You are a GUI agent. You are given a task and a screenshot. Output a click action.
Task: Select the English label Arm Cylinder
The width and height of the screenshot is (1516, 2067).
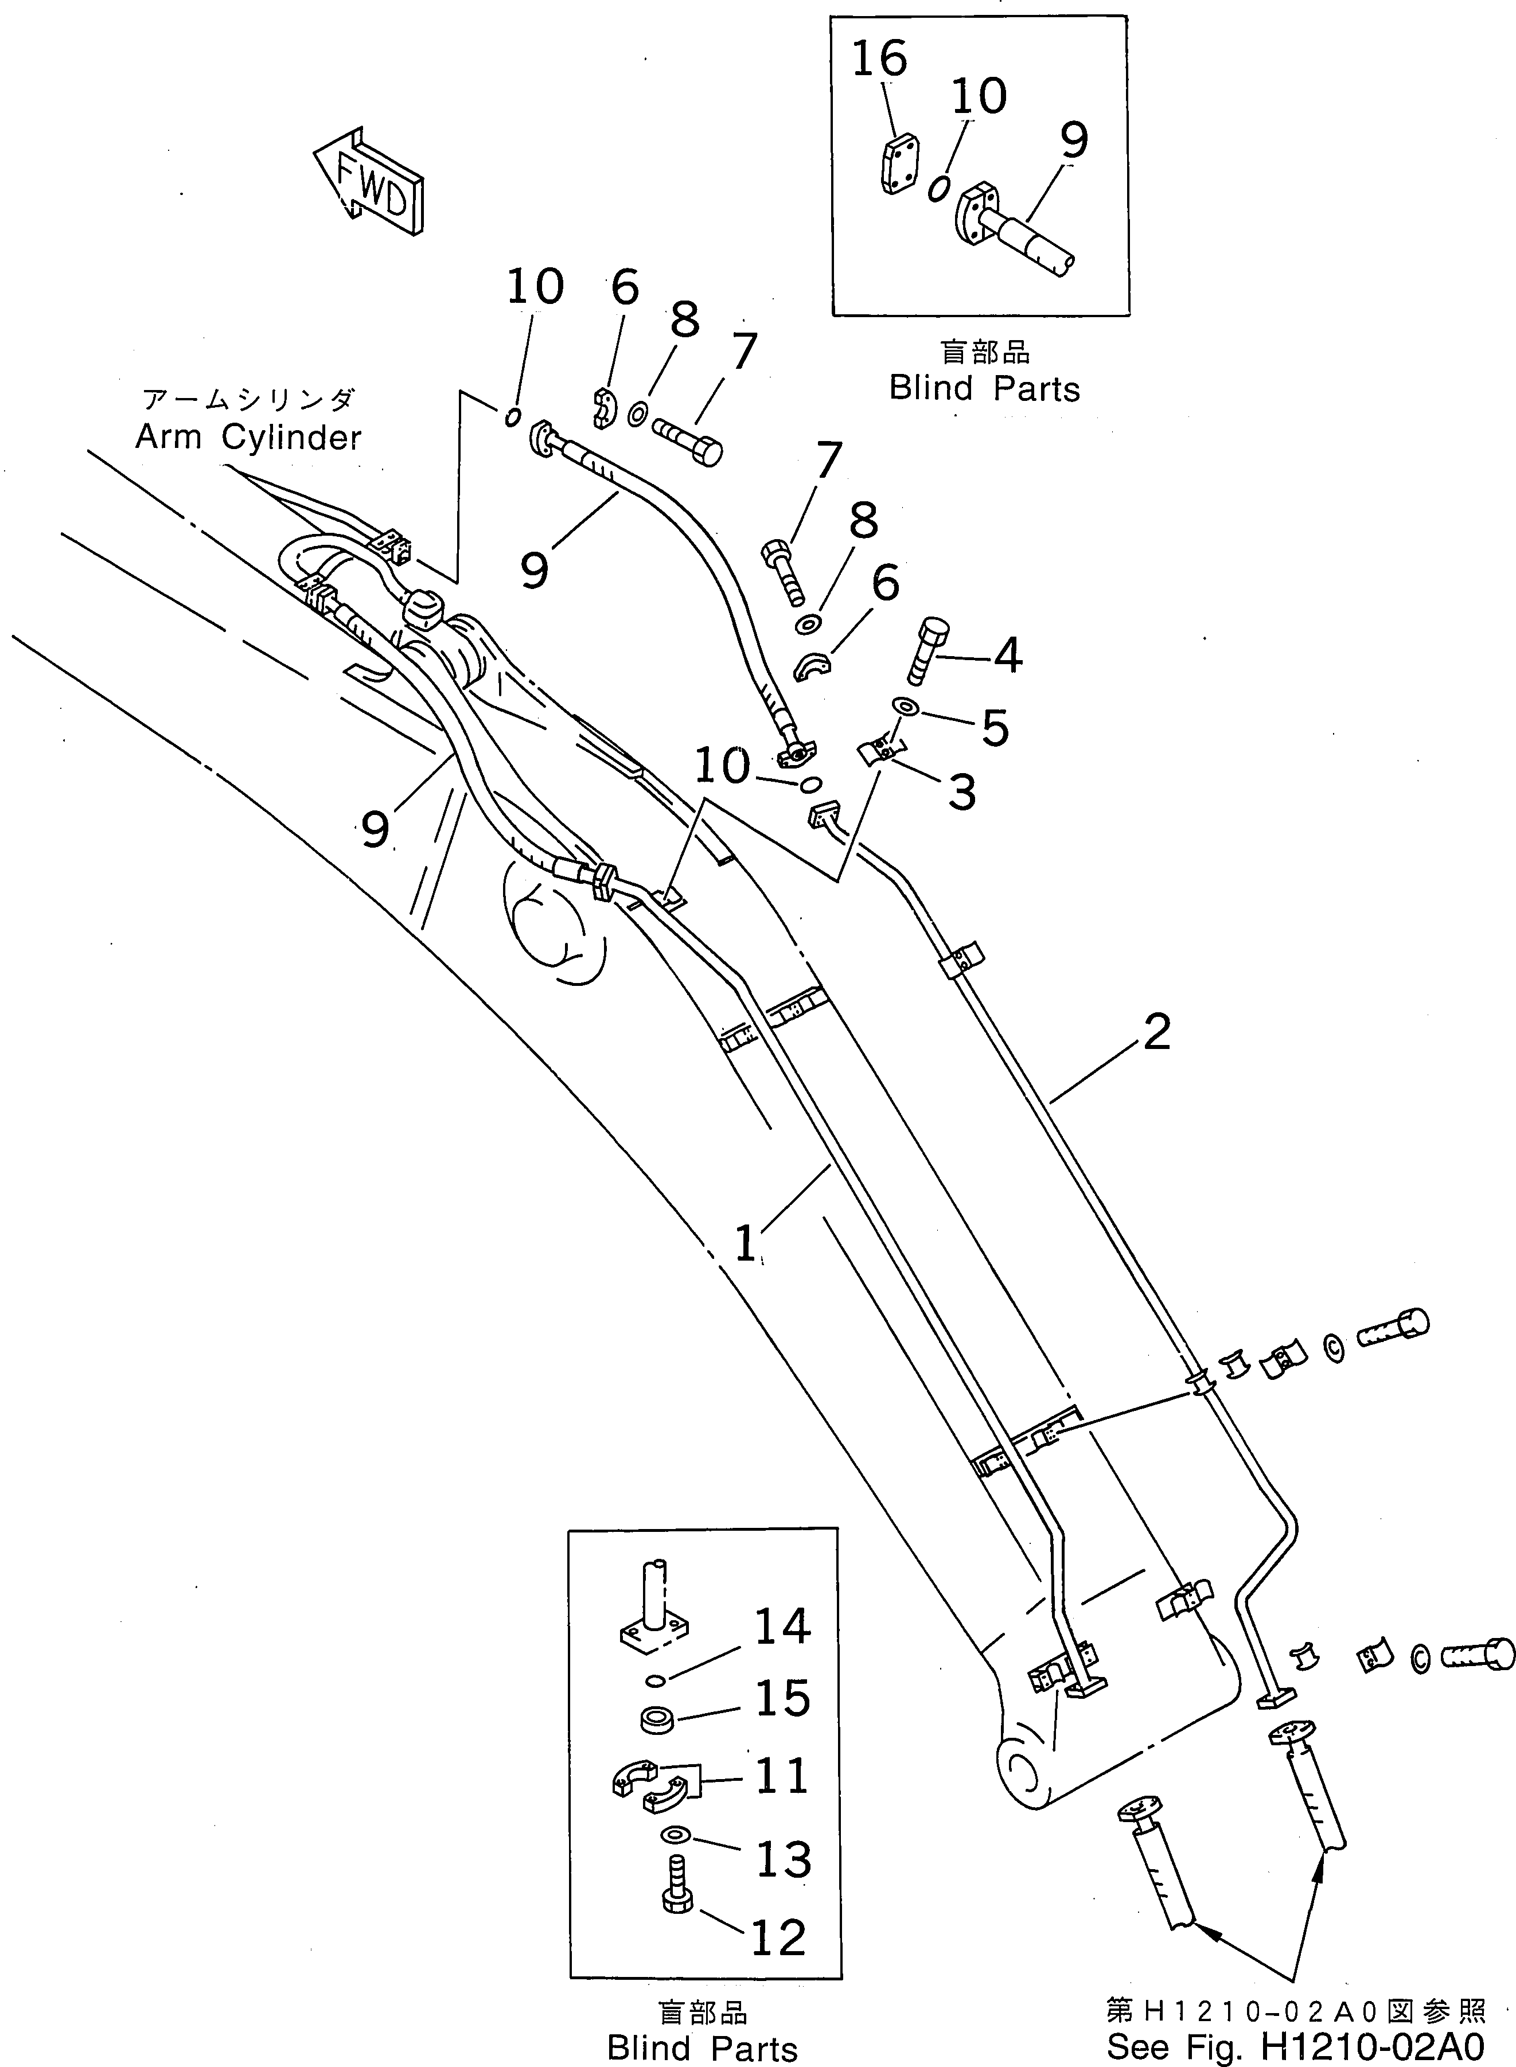point(249,438)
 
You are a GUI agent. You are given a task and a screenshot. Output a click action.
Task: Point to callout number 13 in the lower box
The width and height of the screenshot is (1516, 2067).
point(782,1859)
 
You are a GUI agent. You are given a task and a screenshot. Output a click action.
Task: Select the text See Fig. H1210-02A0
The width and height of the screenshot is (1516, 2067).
point(1294,2049)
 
